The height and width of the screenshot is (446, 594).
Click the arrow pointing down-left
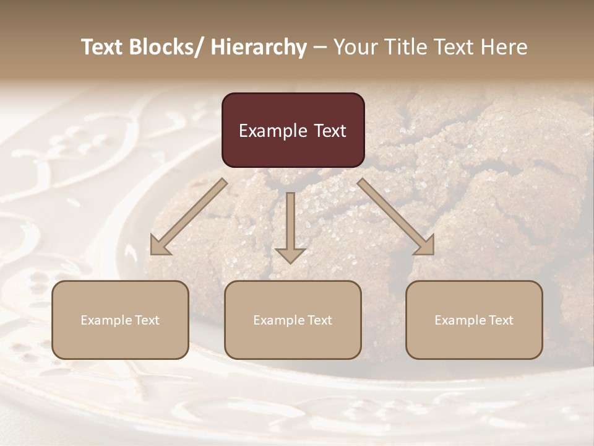click(189, 217)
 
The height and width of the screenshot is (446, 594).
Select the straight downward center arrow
click(290, 226)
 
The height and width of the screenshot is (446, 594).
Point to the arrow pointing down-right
click(396, 217)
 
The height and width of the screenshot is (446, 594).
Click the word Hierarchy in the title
click(259, 47)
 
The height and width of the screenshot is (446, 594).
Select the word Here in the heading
click(504, 47)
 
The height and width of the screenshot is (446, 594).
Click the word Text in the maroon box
click(330, 131)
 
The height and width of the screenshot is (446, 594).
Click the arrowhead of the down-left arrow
click(160, 245)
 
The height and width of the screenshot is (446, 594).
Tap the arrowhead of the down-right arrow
click(424, 245)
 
